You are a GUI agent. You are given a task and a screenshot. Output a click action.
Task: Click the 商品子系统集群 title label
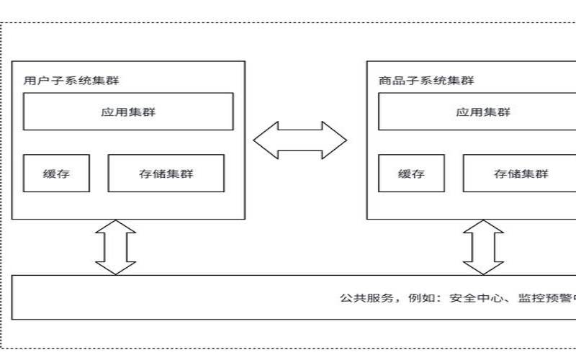[x=426, y=81]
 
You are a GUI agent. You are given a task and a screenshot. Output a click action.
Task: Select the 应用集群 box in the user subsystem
[x=128, y=112]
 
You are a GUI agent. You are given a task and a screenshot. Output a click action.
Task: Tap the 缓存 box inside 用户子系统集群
[x=56, y=174]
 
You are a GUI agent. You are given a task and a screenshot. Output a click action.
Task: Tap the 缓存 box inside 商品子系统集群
[x=411, y=174]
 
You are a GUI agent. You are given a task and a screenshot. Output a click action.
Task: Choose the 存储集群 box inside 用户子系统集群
[x=166, y=174]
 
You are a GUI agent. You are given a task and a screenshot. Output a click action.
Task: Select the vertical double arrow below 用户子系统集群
[x=115, y=247]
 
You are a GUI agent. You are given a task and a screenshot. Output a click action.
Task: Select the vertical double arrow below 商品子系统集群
[x=483, y=247]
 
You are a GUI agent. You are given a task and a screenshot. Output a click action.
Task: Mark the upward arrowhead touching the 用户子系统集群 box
[x=115, y=227]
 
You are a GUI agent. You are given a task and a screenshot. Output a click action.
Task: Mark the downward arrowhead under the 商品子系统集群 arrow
[x=483, y=267]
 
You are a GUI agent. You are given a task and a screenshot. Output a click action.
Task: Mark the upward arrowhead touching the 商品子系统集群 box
[x=483, y=227]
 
